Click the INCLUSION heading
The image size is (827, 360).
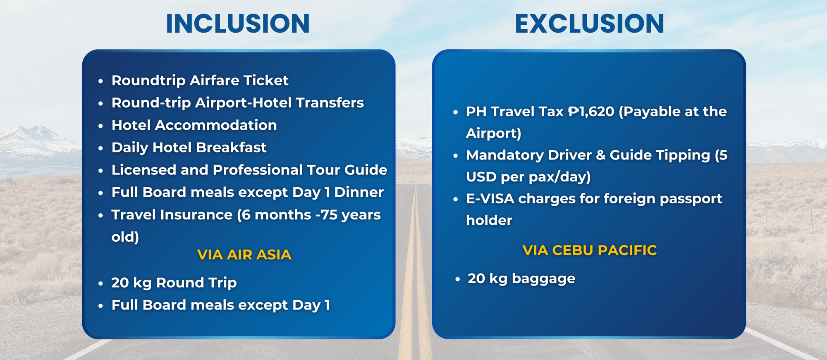[x=238, y=23]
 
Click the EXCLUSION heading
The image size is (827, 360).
[x=589, y=23]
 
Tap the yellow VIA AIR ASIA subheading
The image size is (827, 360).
[x=244, y=255]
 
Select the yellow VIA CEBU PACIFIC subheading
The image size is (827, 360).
[x=590, y=250]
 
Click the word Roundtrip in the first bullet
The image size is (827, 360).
[x=148, y=81]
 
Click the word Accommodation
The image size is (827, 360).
[x=216, y=125]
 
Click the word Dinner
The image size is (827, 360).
[x=359, y=192]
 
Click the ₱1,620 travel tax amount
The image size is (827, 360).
[x=591, y=112]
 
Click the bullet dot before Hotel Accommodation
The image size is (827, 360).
[x=100, y=126]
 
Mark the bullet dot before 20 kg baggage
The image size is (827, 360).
[x=457, y=279]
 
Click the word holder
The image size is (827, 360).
[x=489, y=220]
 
